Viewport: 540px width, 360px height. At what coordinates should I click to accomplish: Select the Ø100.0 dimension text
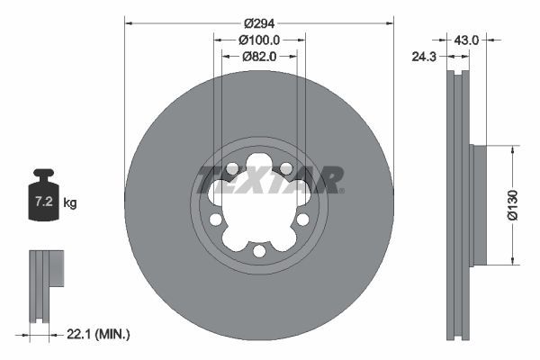point(260,40)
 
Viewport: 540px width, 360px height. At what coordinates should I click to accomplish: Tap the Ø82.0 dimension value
point(260,56)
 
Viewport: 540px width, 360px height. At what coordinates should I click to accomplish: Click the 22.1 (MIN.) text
point(99,335)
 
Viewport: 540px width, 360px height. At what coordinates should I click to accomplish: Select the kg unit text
point(70,203)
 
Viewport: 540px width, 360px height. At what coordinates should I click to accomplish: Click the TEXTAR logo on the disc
point(270,180)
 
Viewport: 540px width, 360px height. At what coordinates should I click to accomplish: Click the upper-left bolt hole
point(233,169)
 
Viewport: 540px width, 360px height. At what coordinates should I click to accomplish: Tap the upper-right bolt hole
point(285,169)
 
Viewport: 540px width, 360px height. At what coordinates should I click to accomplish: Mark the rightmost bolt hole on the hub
point(302,219)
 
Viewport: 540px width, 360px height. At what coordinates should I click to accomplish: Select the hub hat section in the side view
point(478,205)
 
